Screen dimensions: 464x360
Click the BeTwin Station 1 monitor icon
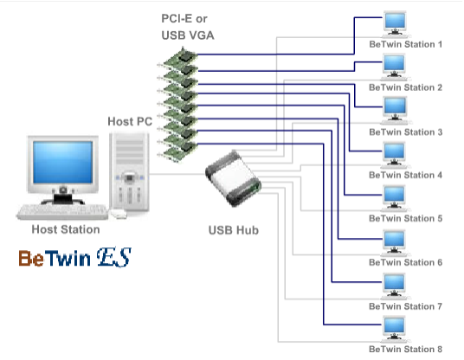[395, 24]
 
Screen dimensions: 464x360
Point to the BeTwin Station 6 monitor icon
[395, 242]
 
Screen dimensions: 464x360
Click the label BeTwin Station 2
[405, 87]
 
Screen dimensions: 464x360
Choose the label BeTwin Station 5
[405, 219]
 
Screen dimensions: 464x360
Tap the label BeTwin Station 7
[405, 306]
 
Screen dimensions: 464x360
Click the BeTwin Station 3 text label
[405, 132]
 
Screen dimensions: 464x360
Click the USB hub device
[233, 178]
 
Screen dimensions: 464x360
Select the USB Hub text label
[234, 230]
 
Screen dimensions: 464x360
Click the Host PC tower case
[129, 172]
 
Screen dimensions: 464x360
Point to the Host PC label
[130, 121]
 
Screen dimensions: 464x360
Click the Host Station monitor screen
[62, 162]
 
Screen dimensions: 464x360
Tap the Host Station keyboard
[62, 212]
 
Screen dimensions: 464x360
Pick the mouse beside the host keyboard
[119, 214]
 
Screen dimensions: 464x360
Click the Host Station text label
[66, 229]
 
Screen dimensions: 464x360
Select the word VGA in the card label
[201, 35]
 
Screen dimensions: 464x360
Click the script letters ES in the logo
[114, 257]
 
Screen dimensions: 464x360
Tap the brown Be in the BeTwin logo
[31, 259]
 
